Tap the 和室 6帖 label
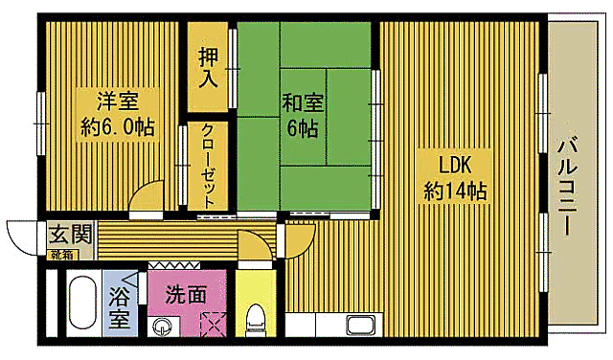(x=301, y=112)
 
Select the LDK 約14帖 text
(x=456, y=175)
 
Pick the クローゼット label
(x=208, y=164)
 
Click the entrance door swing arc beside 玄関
(x=23, y=237)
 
